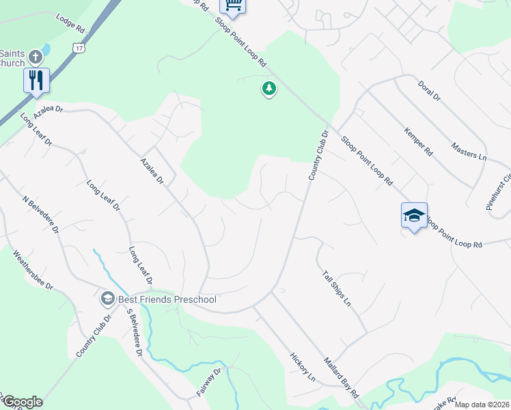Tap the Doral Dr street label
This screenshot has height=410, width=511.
[428, 89]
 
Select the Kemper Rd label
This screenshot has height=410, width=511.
[418, 141]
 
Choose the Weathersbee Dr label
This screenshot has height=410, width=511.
[33, 270]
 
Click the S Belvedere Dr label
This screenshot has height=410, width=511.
[134, 332]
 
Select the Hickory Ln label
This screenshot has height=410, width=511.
[303, 368]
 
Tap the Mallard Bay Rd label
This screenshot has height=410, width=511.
[342, 377]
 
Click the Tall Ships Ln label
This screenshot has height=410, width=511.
[336, 288]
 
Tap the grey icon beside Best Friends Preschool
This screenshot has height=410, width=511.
[107, 299]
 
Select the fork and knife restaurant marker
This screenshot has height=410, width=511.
[36, 79]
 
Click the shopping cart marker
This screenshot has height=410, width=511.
[233, 5]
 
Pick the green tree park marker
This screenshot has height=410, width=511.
[269, 89]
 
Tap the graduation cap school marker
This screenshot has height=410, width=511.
[414, 216]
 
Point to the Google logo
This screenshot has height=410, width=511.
[22, 401]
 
